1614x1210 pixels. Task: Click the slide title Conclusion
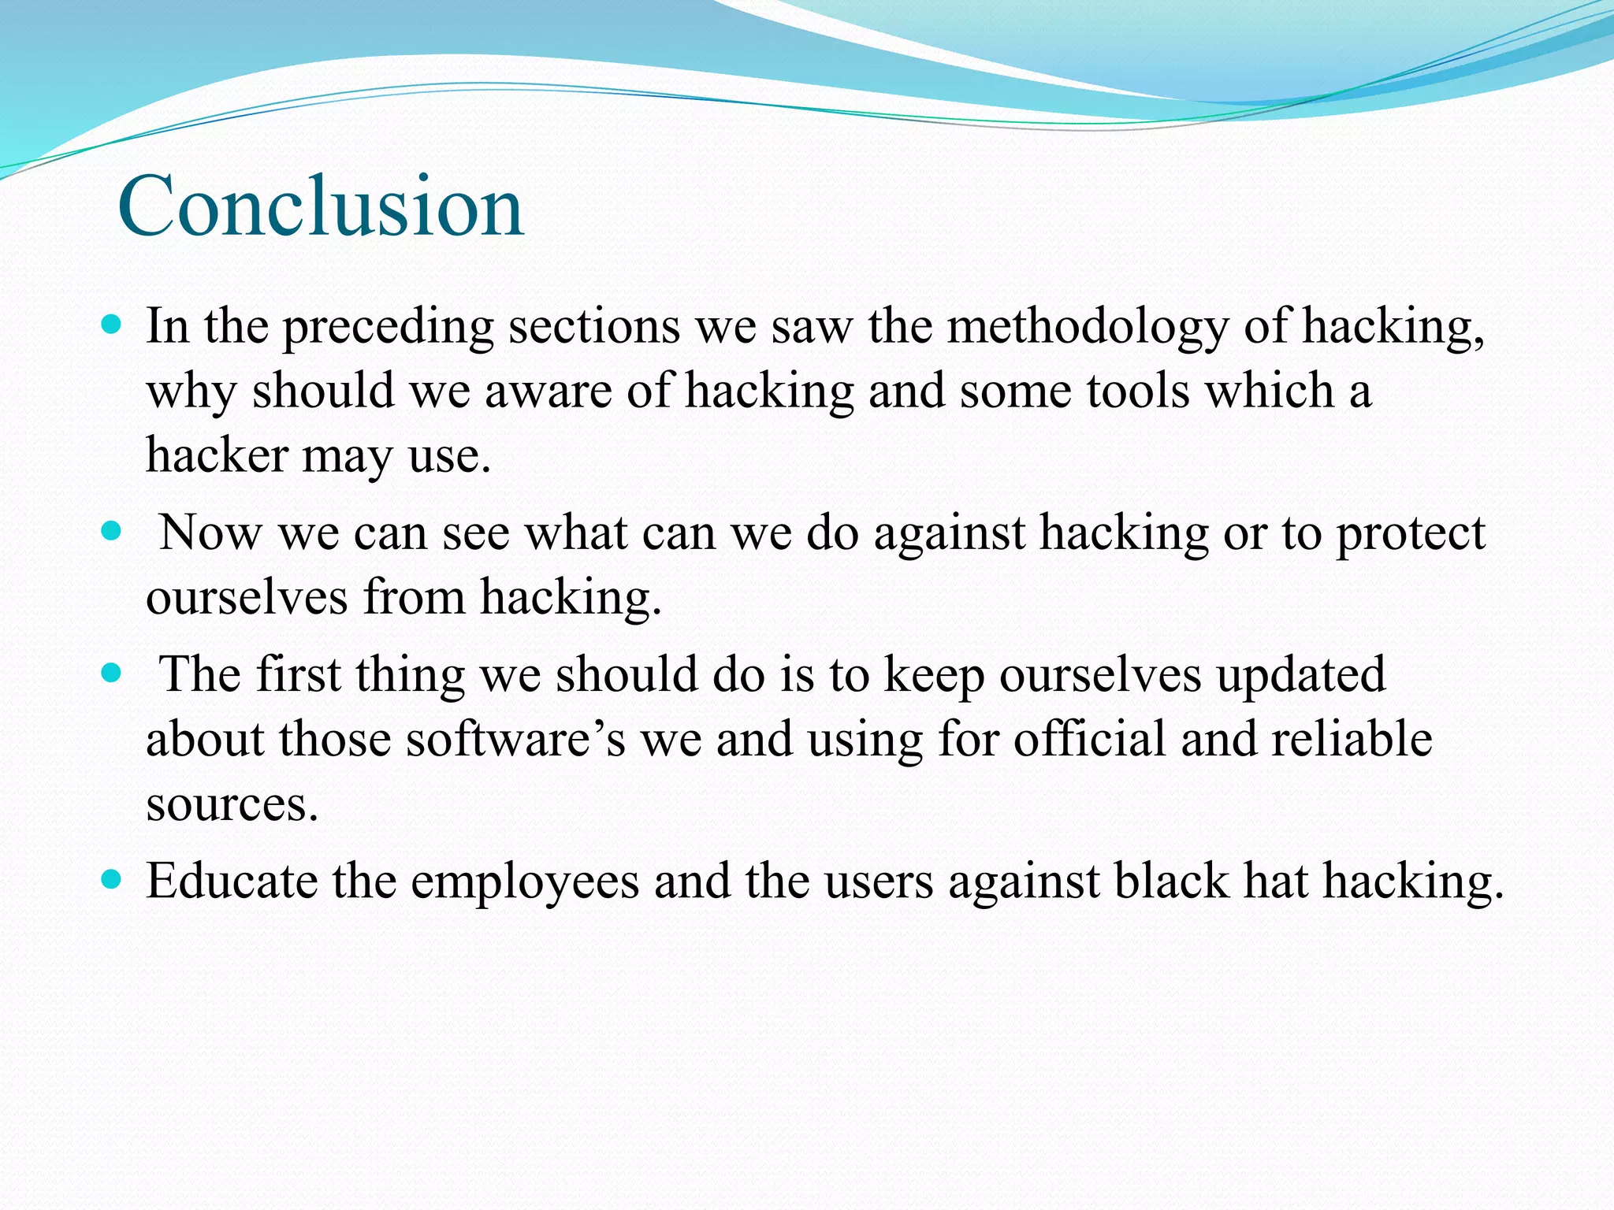(x=321, y=206)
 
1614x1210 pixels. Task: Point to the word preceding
(x=388, y=327)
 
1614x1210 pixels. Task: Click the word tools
(x=1138, y=391)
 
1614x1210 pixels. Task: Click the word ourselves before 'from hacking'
(x=247, y=597)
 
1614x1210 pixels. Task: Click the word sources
(x=232, y=805)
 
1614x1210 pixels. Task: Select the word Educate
(x=232, y=881)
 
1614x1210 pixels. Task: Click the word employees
(x=525, y=882)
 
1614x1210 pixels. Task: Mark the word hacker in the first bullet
(x=218, y=455)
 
